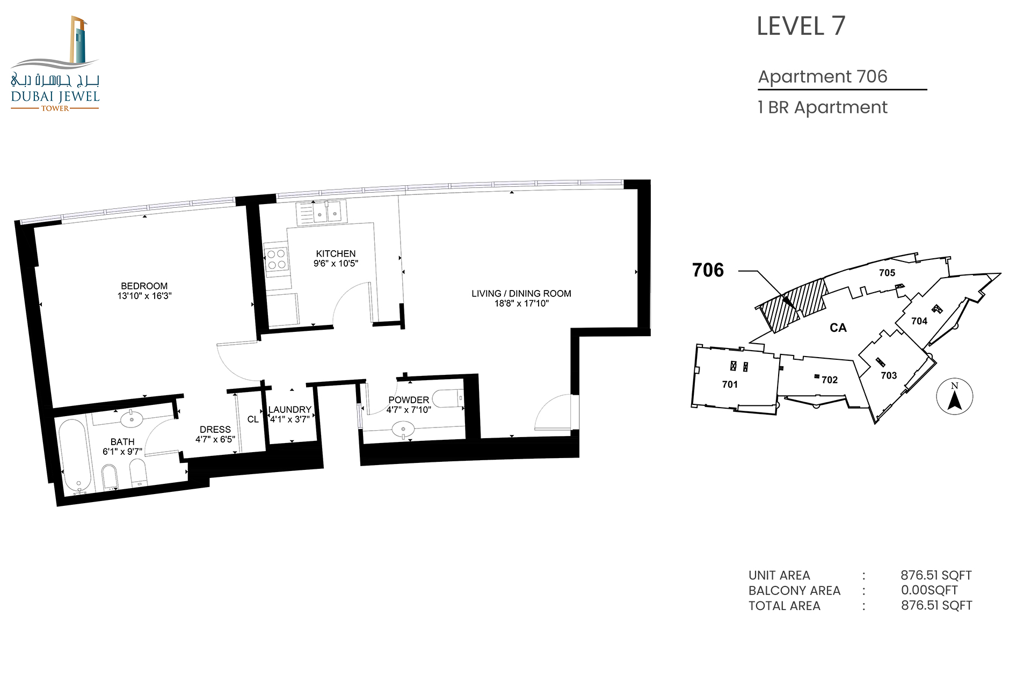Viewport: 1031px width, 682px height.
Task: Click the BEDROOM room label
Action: [x=144, y=286]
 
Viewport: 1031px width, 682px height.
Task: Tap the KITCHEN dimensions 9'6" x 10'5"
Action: [x=336, y=264]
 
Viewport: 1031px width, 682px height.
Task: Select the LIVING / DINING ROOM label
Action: [x=521, y=294]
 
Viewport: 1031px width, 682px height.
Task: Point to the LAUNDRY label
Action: [x=290, y=410]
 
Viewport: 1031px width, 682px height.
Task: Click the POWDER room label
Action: [x=409, y=400]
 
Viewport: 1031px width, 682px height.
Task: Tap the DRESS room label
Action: [x=215, y=430]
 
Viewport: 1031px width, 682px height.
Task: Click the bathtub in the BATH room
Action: [x=72, y=457]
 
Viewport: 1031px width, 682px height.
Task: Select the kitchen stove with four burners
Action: [x=277, y=259]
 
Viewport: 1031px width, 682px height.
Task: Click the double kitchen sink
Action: [x=327, y=212]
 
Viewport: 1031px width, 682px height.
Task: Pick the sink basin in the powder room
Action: [x=403, y=429]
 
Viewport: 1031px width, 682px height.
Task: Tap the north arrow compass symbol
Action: [x=954, y=397]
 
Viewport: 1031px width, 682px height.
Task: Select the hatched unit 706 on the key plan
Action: [x=793, y=305]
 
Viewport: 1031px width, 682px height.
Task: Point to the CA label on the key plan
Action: [x=838, y=328]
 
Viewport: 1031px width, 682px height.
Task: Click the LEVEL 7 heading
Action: [x=801, y=26]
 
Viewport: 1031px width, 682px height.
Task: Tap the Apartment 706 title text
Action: [x=823, y=77]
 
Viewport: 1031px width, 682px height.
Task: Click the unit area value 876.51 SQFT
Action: [x=936, y=575]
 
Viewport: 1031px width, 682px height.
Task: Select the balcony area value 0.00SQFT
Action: [x=930, y=590]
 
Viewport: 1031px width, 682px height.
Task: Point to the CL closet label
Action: [x=253, y=419]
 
